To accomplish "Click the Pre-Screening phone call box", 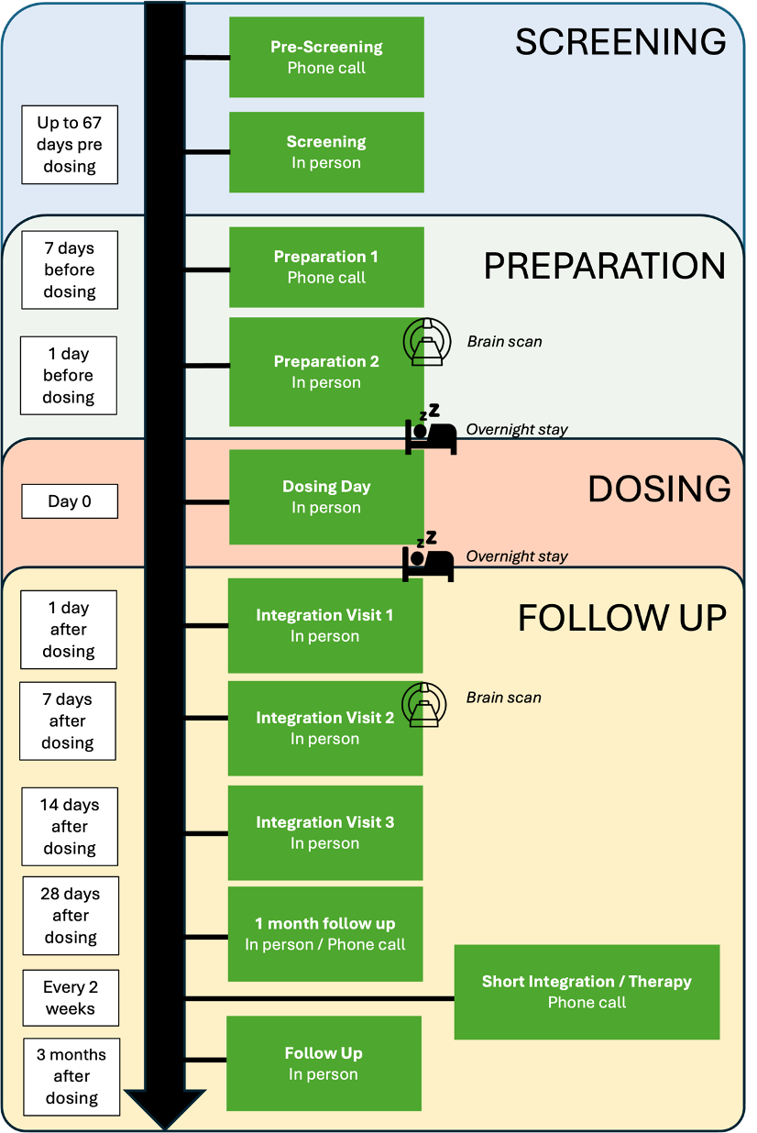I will tap(326, 57).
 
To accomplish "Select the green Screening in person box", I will tap(326, 152).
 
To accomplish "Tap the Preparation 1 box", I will tap(326, 267).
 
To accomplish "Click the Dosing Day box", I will tap(326, 497).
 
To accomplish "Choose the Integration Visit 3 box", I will tap(325, 832).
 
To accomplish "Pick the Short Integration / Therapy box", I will tap(587, 992).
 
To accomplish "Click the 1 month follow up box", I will tap(325, 933).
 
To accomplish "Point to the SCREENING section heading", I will tap(620, 42).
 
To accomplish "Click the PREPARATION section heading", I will tap(604, 266).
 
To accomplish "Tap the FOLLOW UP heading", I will tap(622, 619).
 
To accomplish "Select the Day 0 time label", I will tap(70, 501).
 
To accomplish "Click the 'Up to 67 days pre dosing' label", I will tap(70, 145).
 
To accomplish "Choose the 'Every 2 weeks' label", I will tap(71, 997).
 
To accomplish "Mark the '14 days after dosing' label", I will tap(70, 826).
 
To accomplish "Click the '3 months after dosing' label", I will tap(71, 1076).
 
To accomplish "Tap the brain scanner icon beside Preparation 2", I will tap(427, 342).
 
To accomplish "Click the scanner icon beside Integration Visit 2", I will tap(424, 705).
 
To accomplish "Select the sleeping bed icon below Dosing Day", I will tap(428, 555).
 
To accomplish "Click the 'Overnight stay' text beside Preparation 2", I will tap(517, 429).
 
